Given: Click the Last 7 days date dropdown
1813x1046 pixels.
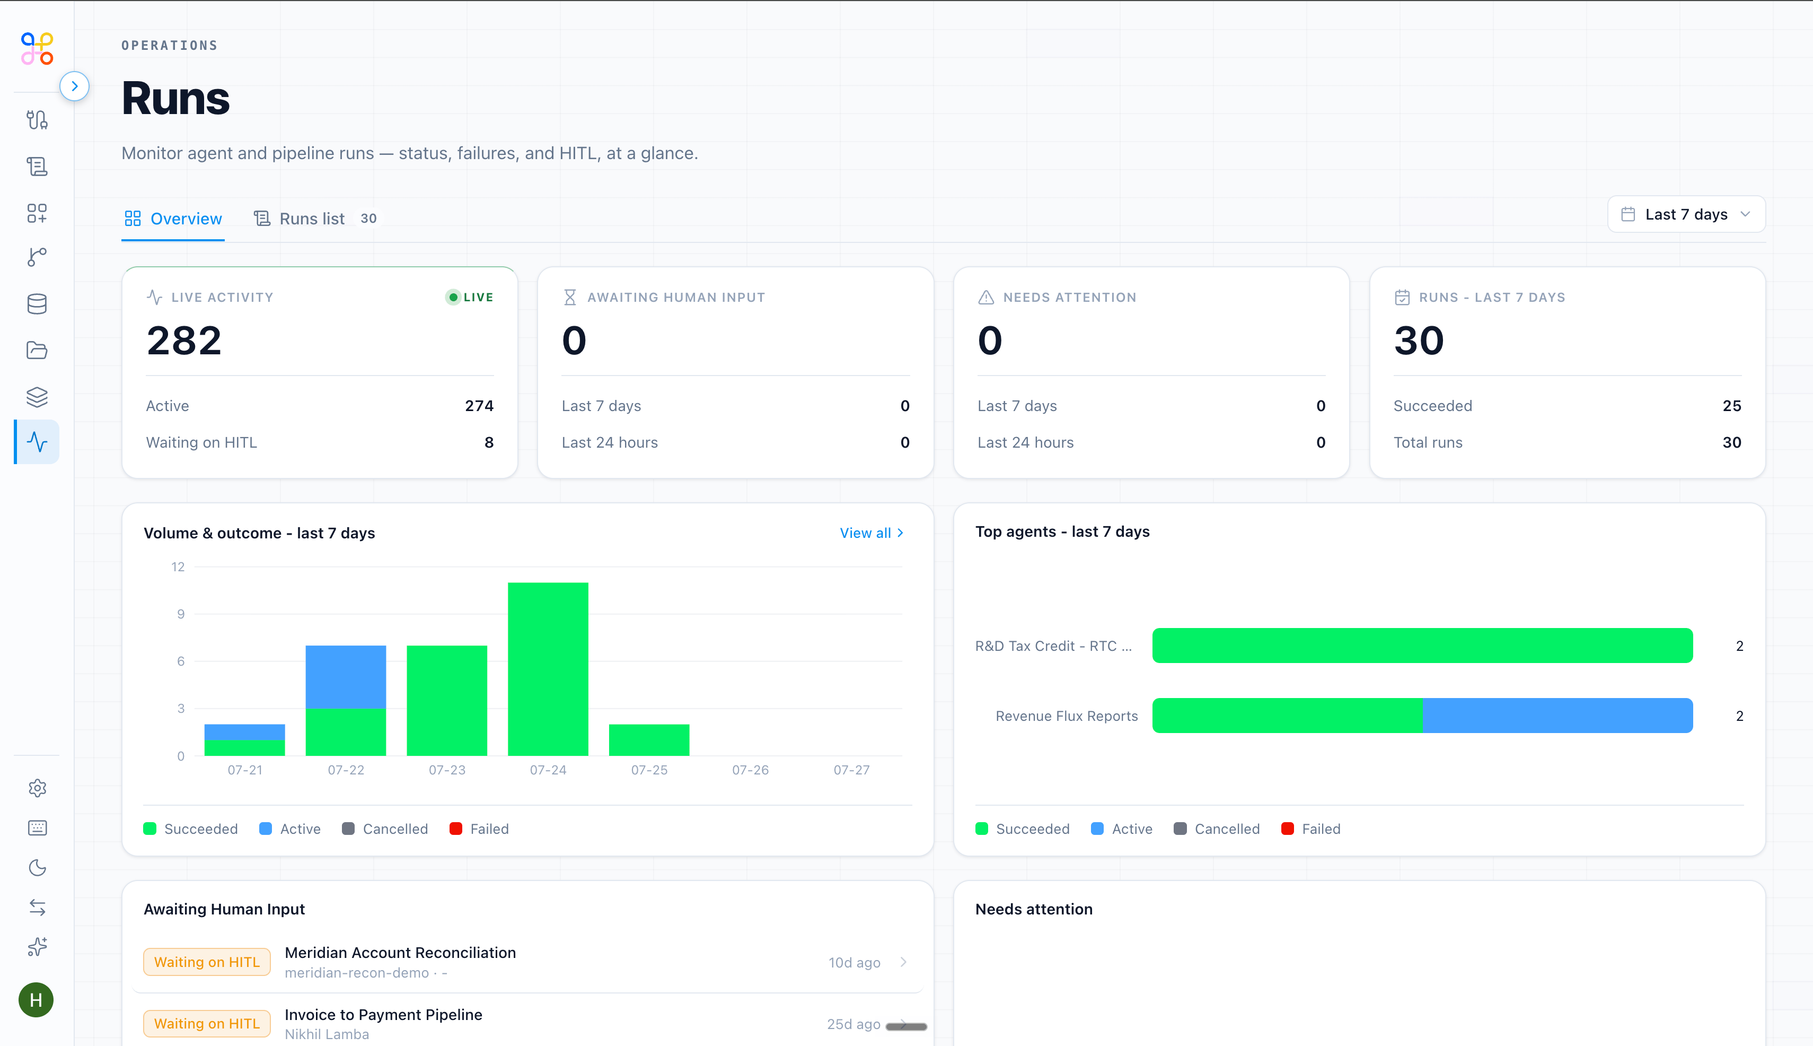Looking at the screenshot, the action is (1686, 214).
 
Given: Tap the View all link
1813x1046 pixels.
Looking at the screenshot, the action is (872, 533).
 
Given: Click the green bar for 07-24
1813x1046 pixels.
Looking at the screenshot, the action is (548, 669).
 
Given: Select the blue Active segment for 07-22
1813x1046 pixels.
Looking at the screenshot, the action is (345, 677).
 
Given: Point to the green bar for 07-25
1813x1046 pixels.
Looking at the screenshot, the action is (649, 740).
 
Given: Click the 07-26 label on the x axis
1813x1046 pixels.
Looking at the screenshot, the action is (750, 770).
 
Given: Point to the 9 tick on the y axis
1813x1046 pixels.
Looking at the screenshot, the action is (181, 614).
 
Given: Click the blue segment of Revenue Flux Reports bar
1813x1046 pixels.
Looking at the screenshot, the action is (1557, 716).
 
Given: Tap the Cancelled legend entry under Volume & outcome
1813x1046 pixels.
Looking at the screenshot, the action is (385, 829).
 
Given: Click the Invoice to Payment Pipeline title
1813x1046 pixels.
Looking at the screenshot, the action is (383, 1014).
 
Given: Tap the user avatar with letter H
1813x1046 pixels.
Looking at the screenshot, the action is (36, 1000).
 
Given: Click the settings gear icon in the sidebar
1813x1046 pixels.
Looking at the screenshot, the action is (37, 788).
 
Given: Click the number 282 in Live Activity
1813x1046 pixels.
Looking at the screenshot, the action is (184, 341).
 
